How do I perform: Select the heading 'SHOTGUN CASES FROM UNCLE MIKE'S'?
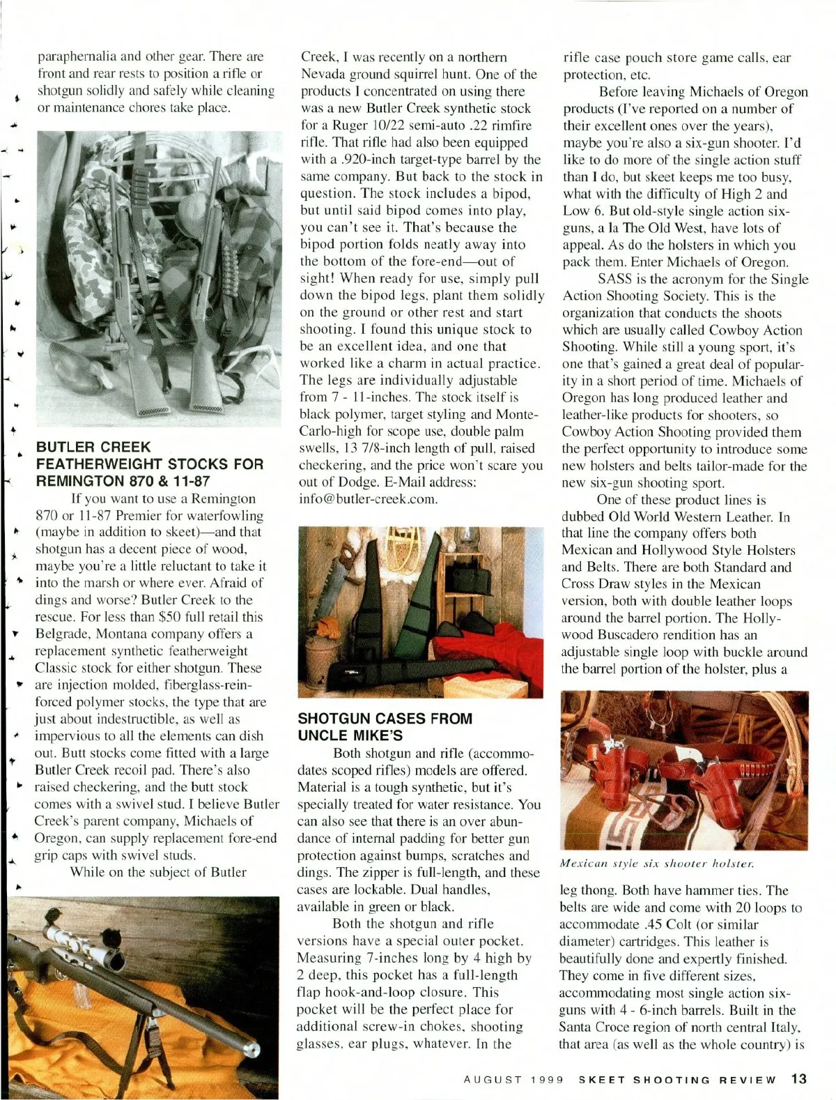pos(385,726)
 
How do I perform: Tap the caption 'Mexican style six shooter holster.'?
pos(657,863)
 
